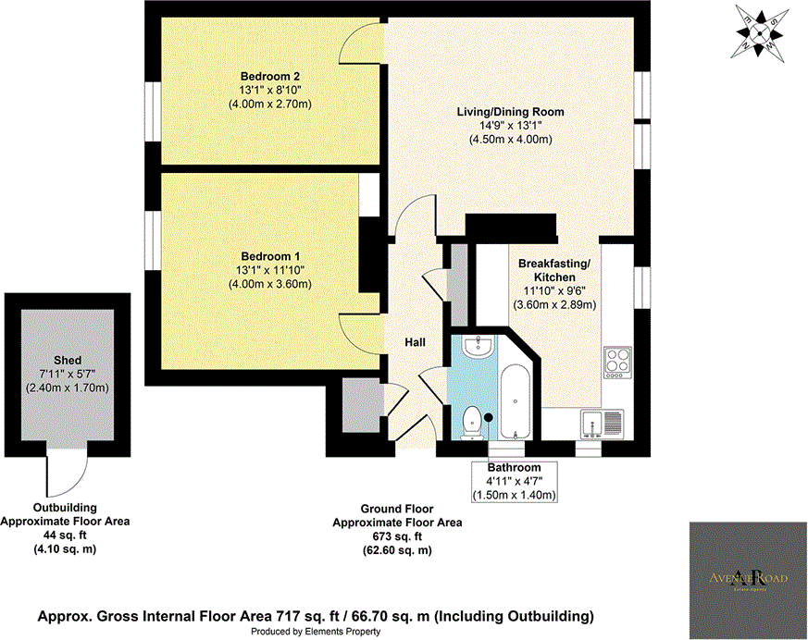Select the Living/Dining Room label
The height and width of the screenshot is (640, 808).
click(510, 112)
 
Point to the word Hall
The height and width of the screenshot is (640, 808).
click(415, 342)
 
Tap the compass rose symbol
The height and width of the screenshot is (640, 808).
click(763, 31)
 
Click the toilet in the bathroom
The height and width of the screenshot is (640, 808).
click(472, 421)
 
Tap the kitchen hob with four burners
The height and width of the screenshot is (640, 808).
click(616, 363)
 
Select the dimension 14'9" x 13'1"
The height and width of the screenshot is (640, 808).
click(510, 126)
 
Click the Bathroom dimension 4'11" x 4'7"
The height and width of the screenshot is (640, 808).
click(516, 482)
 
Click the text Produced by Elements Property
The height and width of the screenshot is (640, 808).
click(316, 632)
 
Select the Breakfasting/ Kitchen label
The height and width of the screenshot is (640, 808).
click(553, 270)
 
